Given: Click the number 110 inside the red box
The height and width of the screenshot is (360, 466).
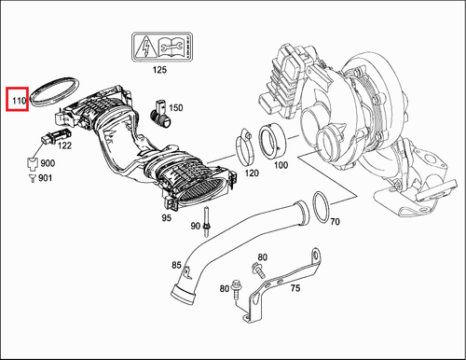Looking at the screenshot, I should [17, 98].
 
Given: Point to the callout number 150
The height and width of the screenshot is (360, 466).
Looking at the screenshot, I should [175, 108].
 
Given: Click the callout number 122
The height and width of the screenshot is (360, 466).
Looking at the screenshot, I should [64, 145].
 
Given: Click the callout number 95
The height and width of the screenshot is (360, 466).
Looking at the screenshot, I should [165, 218].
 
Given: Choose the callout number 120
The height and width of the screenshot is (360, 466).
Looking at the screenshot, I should [251, 173].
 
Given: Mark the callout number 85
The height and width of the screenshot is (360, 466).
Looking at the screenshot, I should [176, 265].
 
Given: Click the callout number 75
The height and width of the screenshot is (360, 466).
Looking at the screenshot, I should [295, 288].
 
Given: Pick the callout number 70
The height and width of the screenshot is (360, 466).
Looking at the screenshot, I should [336, 223].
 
